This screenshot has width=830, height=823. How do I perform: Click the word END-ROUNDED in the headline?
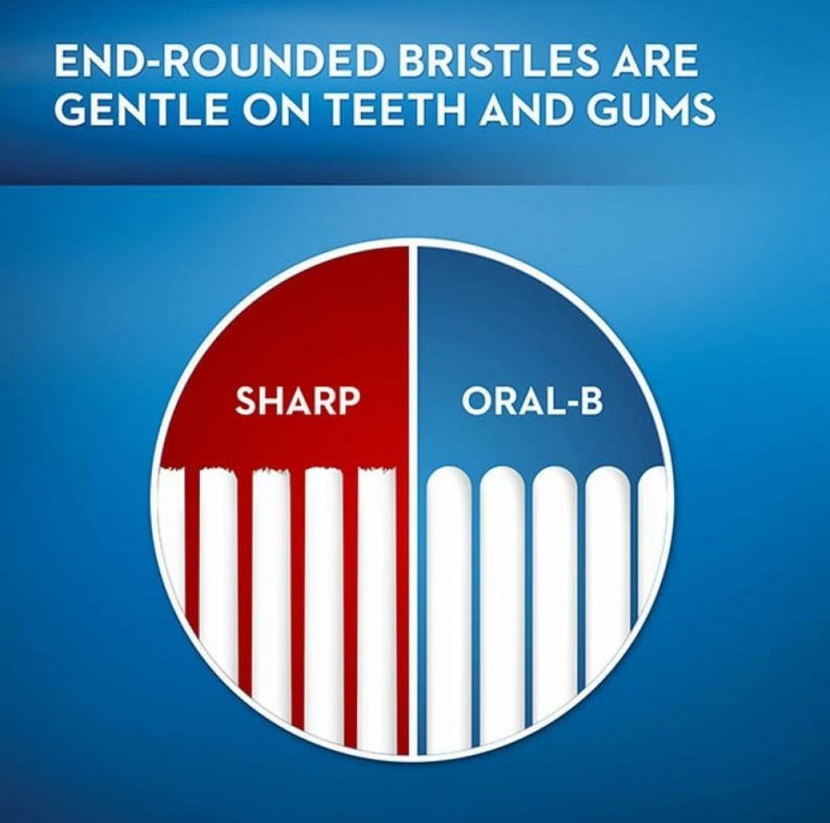(217, 61)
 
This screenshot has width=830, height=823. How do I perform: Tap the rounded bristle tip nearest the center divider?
(449, 479)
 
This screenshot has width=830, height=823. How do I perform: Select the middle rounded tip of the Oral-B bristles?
(554, 479)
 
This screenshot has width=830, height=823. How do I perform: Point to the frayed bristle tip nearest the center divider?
(377, 473)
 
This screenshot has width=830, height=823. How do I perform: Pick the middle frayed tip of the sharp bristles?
(271, 473)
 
